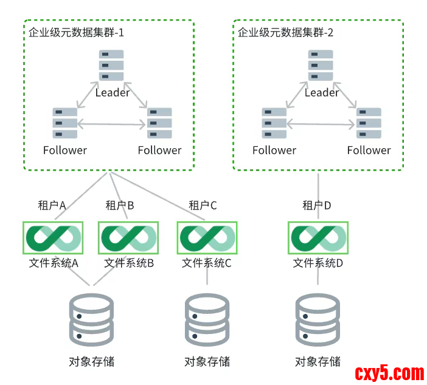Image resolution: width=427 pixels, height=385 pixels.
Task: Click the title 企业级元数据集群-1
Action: coord(76,33)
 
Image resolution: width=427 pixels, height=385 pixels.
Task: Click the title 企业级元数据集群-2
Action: coord(285,33)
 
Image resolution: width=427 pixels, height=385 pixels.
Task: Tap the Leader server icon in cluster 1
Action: coord(112,65)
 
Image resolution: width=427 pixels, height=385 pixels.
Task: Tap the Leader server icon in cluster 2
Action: coord(321,65)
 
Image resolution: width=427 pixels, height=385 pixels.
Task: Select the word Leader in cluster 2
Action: coord(321,93)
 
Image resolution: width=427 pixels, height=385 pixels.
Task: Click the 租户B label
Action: coord(119,205)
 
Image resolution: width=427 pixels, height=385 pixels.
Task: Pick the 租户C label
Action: coord(203,205)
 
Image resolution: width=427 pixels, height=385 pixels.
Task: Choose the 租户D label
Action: coord(316,205)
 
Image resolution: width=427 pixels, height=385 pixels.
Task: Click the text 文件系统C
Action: coord(207,264)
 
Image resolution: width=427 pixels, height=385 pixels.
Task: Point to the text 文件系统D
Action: coord(318,264)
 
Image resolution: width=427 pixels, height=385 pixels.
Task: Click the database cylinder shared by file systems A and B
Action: coord(92,319)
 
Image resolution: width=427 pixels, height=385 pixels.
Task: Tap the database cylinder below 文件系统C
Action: coord(207,319)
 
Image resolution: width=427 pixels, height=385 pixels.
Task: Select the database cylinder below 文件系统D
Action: coord(318,319)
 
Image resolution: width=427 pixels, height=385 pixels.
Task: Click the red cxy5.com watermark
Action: coord(389,372)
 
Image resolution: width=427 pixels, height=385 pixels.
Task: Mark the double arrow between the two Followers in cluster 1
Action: coord(112,124)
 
